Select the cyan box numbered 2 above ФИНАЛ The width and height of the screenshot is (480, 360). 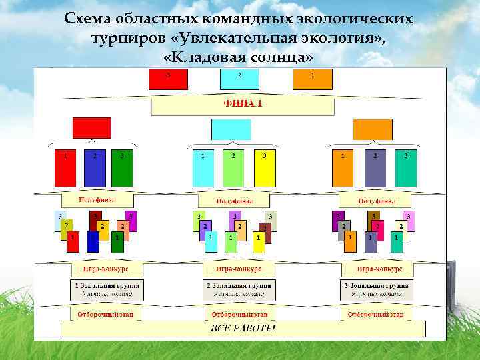[239, 80]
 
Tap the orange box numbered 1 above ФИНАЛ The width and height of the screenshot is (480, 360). [312, 80]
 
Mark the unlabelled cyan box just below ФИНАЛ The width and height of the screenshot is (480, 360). [231, 129]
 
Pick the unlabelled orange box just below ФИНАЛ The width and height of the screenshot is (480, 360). [372, 129]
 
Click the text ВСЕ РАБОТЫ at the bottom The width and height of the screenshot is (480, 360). [243, 328]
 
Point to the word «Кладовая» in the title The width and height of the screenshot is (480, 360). [204, 58]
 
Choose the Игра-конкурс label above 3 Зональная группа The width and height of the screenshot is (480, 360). [379, 268]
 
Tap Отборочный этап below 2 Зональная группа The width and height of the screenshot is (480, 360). [239, 313]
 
